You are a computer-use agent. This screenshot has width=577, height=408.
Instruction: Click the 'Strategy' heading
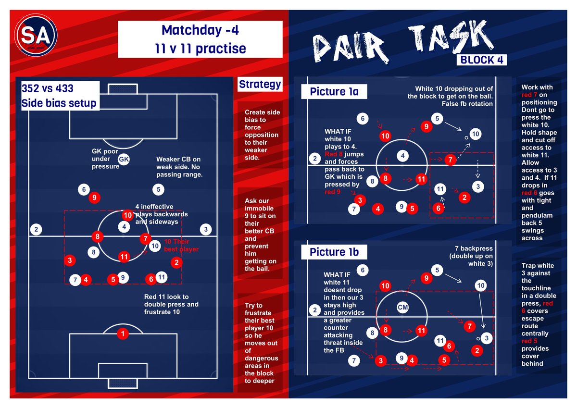click(x=260, y=85)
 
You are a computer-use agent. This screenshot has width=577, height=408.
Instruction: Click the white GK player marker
click(x=124, y=159)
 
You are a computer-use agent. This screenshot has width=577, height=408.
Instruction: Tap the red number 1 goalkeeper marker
click(x=123, y=334)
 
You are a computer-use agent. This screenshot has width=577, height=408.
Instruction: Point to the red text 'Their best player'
click(x=181, y=246)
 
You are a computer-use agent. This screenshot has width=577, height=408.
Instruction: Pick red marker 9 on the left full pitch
click(x=95, y=197)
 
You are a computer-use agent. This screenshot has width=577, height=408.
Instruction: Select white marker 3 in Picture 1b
click(x=487, y=338)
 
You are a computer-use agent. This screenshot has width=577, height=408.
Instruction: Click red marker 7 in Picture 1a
click(x=450, y=160)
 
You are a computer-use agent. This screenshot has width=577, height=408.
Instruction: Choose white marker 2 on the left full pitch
click(x=36, y=229)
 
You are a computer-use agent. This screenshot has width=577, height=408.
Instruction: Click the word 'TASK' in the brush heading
click(x=448, y=38)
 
